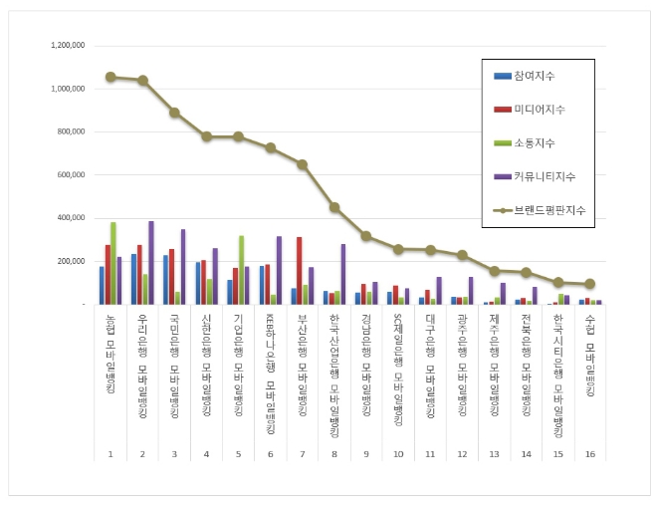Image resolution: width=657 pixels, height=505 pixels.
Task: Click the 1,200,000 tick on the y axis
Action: pyautogui.click(x=67, y=46)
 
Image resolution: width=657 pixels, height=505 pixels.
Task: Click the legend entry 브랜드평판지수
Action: pyautogui.click(x=546, y=211)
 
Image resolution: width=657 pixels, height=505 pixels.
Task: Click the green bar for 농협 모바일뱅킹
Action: pyautogui.click(x=113, y=263)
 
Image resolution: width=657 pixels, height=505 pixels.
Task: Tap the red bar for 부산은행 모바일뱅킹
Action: pyautogui.click(x=299, y=270)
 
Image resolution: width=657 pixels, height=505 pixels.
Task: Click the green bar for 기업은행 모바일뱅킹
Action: pyautogui.click(x=241, y=270)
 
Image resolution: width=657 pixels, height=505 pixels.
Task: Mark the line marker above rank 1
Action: pyautogui.click(x=110, y=77)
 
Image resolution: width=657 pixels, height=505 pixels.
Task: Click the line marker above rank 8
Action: pyautogui.click(x=334, y=207)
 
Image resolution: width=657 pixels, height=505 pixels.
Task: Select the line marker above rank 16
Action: pyautogui.click(x=590, y=284)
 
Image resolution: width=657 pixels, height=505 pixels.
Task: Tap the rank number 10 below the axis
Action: pyautogui.click(x=398, y=454)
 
